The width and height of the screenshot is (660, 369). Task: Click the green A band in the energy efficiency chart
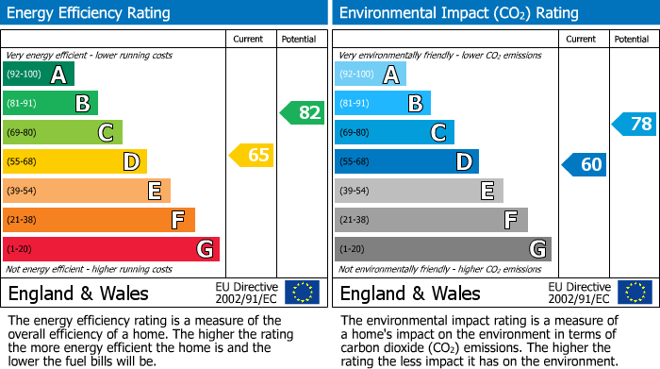tap(38, 75)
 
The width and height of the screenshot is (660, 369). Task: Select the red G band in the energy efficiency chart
tap(110, 249)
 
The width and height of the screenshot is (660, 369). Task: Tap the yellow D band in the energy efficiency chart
tap(74, 162)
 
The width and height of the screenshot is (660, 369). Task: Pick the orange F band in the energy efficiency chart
tap(98, 220)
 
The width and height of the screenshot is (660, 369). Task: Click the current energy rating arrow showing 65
tap(252, 155)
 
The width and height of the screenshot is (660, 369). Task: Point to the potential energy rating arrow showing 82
tap(302, 113)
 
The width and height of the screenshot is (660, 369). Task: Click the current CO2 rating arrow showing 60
tap(584, 164)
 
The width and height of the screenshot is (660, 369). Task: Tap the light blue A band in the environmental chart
tap(370, 75)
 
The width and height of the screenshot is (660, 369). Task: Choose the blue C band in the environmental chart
tap(394, 133)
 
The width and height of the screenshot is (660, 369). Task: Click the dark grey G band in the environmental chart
tap(442, 249)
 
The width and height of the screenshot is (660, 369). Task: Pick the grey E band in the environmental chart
tap(419, 191)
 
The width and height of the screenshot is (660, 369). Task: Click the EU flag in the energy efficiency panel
tap(302, 293)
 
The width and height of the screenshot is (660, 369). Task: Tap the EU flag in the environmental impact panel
tap(634, 293)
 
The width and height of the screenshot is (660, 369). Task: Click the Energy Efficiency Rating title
tap(90, 13)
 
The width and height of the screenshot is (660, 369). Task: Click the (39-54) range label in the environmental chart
tap(356, 192)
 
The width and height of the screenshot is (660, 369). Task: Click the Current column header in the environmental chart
tap(582, 39)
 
